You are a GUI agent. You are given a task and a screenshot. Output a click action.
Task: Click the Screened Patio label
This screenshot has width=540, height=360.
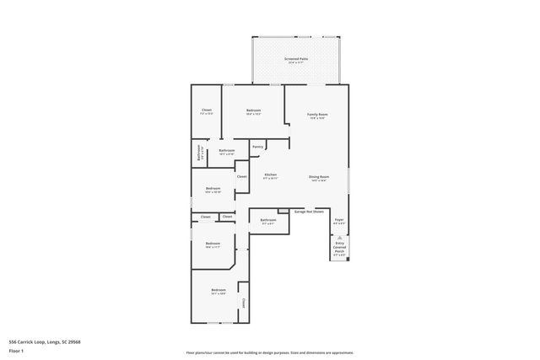[297, 59]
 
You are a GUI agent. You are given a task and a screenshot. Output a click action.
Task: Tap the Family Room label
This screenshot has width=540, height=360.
[317, 114]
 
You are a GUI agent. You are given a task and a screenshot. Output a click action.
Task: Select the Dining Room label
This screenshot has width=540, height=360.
[318, 176]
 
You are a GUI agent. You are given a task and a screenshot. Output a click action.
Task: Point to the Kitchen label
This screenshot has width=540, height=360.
[270, 175]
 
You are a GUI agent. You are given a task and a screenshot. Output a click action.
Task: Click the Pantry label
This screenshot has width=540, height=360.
[257, 147]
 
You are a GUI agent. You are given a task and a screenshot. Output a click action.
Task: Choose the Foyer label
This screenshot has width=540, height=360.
[338, 219]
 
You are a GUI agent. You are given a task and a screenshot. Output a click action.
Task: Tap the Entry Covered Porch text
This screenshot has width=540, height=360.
[339, 247]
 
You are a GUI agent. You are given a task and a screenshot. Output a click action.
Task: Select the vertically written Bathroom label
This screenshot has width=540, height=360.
[199, 153]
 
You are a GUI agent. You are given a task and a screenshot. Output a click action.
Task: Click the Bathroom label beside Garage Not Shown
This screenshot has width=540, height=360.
[267, 220]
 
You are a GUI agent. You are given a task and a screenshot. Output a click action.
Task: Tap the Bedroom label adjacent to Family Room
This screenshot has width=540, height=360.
[253, 110]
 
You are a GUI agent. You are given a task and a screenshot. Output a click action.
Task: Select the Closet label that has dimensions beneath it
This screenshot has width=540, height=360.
[207, 110]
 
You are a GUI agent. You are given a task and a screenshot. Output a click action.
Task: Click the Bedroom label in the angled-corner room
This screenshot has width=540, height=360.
[213, 244]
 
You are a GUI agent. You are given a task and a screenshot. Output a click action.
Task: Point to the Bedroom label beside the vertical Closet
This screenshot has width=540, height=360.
[218, 290]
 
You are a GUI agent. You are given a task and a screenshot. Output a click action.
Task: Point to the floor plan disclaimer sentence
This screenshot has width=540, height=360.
[269, 352]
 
